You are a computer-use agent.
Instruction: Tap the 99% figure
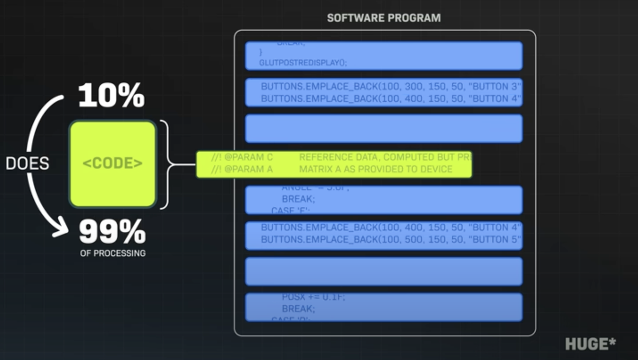click(x=112, y=232)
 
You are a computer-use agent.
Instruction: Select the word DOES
click(x=27, y=163)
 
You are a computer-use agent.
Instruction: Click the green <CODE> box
click(x=113, y=164)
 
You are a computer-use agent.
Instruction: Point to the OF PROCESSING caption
click(x=113, y=253)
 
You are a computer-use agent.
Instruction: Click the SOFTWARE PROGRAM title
click(x=384, y=18)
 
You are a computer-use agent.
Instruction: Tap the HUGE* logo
click(x=591, y=344)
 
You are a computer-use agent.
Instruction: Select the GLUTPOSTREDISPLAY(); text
click(x=303, y=63)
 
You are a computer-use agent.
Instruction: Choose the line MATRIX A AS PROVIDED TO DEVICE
click(x=375, y=170)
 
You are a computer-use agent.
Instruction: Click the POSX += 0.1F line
click(x=313, y=297)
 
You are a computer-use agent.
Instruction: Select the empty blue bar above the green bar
click(x=384, y=129)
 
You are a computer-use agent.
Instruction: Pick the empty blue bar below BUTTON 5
click(x=384, y=271)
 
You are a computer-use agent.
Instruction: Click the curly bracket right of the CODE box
click(x=169, y=164)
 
